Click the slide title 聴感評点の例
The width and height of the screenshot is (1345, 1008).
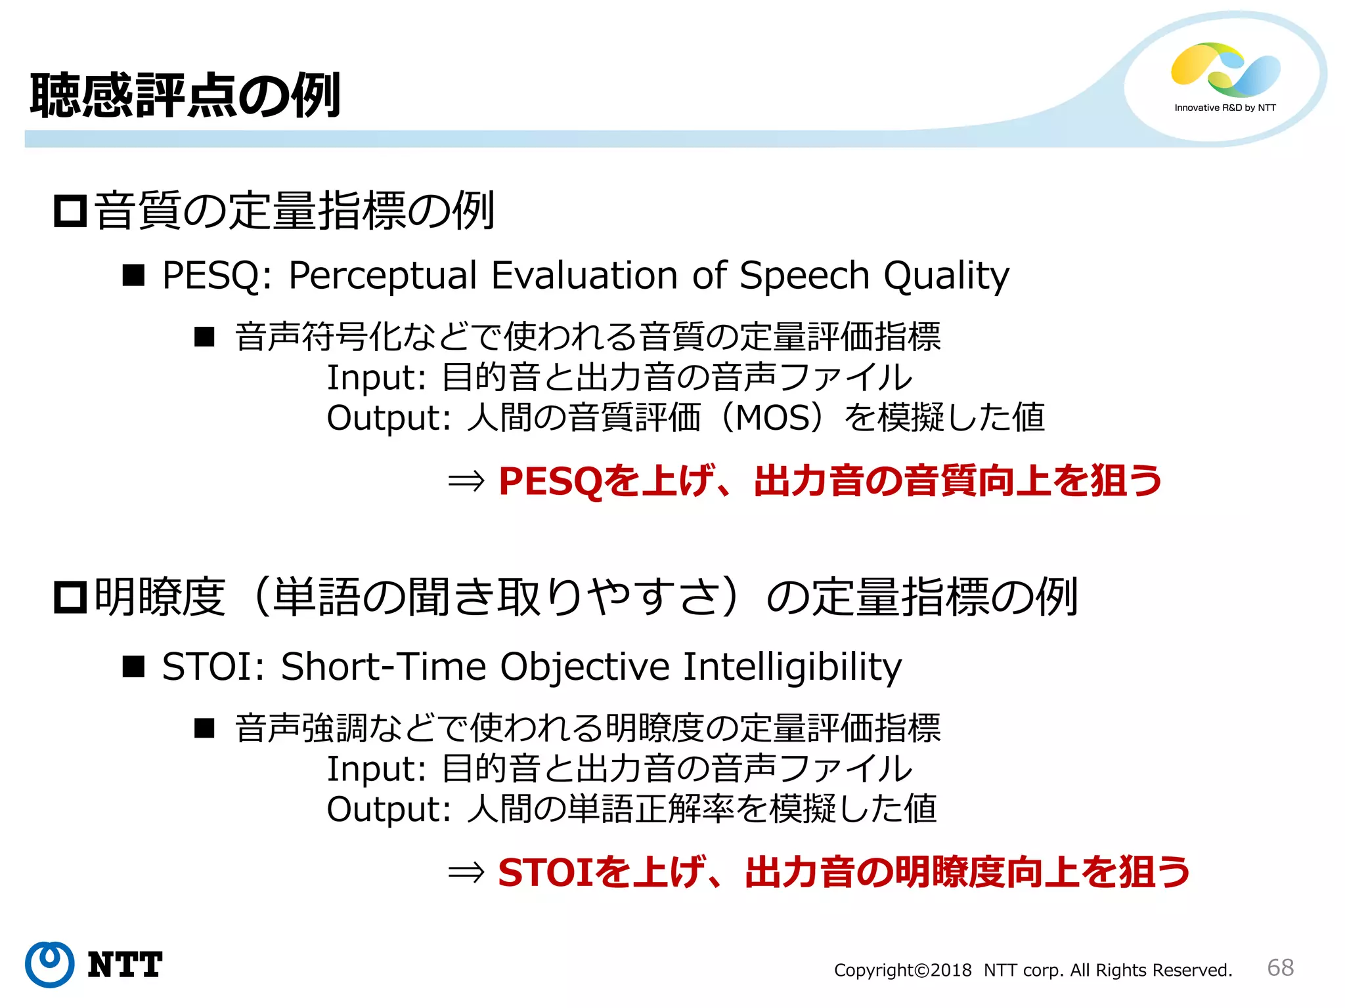185,96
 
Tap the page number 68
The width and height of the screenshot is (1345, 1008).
1280,967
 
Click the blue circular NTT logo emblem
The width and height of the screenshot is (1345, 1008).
50,964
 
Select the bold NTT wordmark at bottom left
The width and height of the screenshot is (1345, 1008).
125,965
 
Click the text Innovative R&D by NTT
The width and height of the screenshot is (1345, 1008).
1225,108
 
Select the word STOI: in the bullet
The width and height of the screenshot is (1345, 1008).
213,667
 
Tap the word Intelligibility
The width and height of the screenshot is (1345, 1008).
792,667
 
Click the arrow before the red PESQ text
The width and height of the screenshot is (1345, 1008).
466,481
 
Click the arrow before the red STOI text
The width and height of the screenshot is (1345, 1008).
466,873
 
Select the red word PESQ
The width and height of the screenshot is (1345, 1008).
550,481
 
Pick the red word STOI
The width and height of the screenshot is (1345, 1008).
545,873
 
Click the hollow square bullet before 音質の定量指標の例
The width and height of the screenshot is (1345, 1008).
70,211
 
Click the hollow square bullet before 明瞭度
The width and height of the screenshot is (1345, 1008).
70,597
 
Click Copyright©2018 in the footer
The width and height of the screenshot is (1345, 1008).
902,970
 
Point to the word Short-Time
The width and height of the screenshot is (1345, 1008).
384,667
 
